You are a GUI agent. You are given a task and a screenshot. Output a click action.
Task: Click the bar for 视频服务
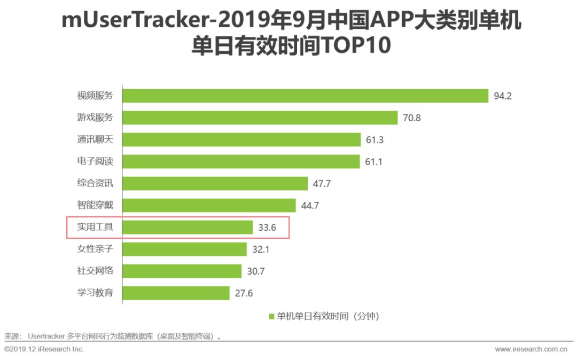[x=305, y=96]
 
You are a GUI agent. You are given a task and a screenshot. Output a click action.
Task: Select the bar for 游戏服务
[x=260, y=118]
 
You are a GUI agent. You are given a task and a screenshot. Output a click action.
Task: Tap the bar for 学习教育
[x=176, y=293]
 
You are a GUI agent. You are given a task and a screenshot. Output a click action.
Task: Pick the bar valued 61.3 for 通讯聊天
[x=241, y=139]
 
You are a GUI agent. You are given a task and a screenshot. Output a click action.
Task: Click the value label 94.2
[x=503, y=96]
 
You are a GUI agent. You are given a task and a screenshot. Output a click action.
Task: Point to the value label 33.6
[x=267, y=228]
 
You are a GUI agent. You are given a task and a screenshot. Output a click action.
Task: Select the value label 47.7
[x=322, y=184]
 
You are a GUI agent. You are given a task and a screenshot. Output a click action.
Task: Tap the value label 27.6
[x=243, y=293]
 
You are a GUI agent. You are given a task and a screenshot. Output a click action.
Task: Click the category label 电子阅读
[x=95, y=161]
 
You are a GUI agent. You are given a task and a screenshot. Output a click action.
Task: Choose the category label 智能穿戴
[x=95, y=205]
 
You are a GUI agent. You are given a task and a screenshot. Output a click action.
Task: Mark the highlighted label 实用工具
[x=95, y=227]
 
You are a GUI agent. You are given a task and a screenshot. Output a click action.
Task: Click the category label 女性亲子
[x=95, y=249]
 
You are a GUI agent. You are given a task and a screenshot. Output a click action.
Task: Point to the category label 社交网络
[x=95, y=270]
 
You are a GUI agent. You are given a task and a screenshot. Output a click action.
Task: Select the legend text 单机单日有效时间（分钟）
[x=328, y=316]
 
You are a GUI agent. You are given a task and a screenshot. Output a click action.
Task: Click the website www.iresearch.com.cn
[x=531, y=349]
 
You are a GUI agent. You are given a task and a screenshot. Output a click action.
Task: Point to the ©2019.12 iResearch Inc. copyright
[x=44, y=349]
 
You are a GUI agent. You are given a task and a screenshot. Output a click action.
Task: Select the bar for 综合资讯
[x=215, y=183]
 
